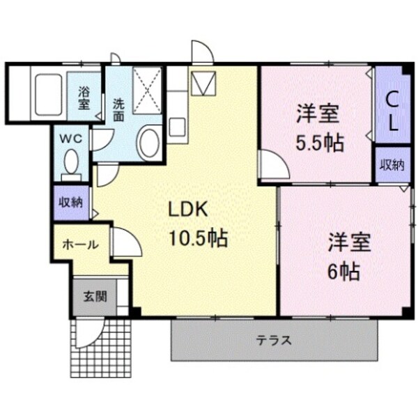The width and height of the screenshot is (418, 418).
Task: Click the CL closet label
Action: (392, 111)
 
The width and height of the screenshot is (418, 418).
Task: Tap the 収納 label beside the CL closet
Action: (392, 165)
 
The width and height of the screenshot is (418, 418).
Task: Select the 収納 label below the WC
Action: (71, 203)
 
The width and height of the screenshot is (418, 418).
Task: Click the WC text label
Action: (72, 138)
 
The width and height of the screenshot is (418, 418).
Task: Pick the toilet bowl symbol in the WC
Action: (71, 164)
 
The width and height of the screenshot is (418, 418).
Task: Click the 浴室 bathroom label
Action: (84, 98)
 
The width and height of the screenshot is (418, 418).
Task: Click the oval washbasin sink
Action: (148, 142)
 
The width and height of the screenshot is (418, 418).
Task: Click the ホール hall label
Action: (82, 245)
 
